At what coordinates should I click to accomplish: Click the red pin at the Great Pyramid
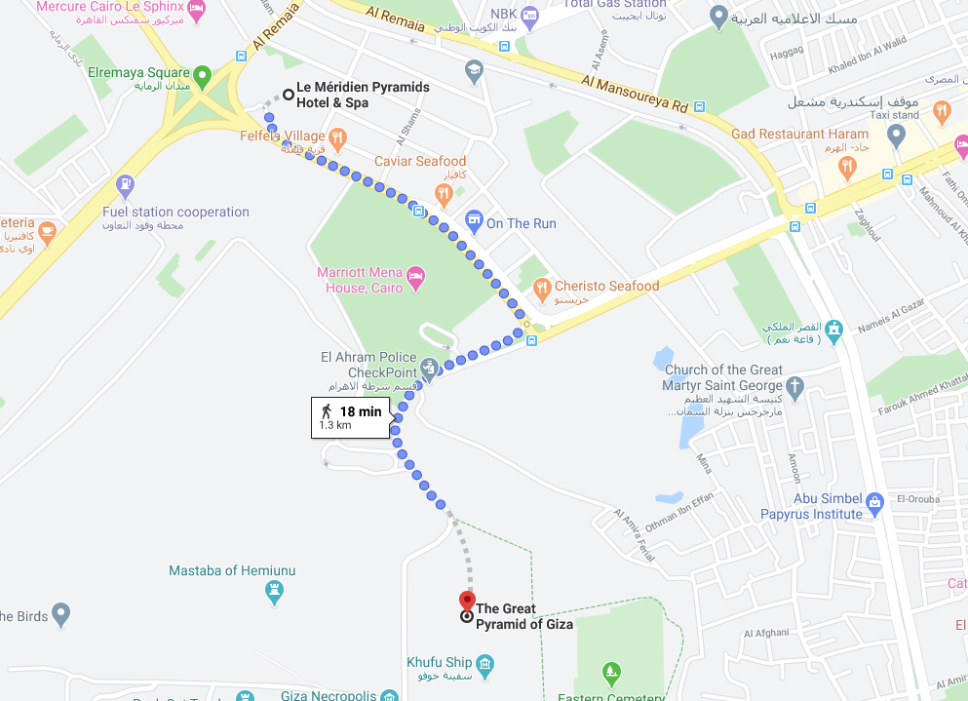pos(467,600)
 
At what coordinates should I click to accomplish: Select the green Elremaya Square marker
pos(202,74)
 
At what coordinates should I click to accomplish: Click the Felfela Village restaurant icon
pos(337,137)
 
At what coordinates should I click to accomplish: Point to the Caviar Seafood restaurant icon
pos(444,194)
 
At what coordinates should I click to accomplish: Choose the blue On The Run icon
pos(474,222)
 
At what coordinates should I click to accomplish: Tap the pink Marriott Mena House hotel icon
pos(415,276)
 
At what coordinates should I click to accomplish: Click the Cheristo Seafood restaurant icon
pos(542,287)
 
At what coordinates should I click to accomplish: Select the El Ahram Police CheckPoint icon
pos(430,369)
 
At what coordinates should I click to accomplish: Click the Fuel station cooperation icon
pos(125,184)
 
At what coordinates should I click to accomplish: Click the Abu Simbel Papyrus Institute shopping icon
pos(873,503)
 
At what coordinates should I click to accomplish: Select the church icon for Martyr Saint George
pos(795,387)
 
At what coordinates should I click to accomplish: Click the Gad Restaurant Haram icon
pos(846,166)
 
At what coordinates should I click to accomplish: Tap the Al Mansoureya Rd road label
pos(633,95)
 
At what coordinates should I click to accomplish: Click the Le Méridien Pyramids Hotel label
pos(363,95)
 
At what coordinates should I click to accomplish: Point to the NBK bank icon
pos(529,14)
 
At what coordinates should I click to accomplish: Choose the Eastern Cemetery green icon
pos(610,671)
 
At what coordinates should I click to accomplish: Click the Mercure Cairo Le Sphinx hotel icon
pos(196,9)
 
